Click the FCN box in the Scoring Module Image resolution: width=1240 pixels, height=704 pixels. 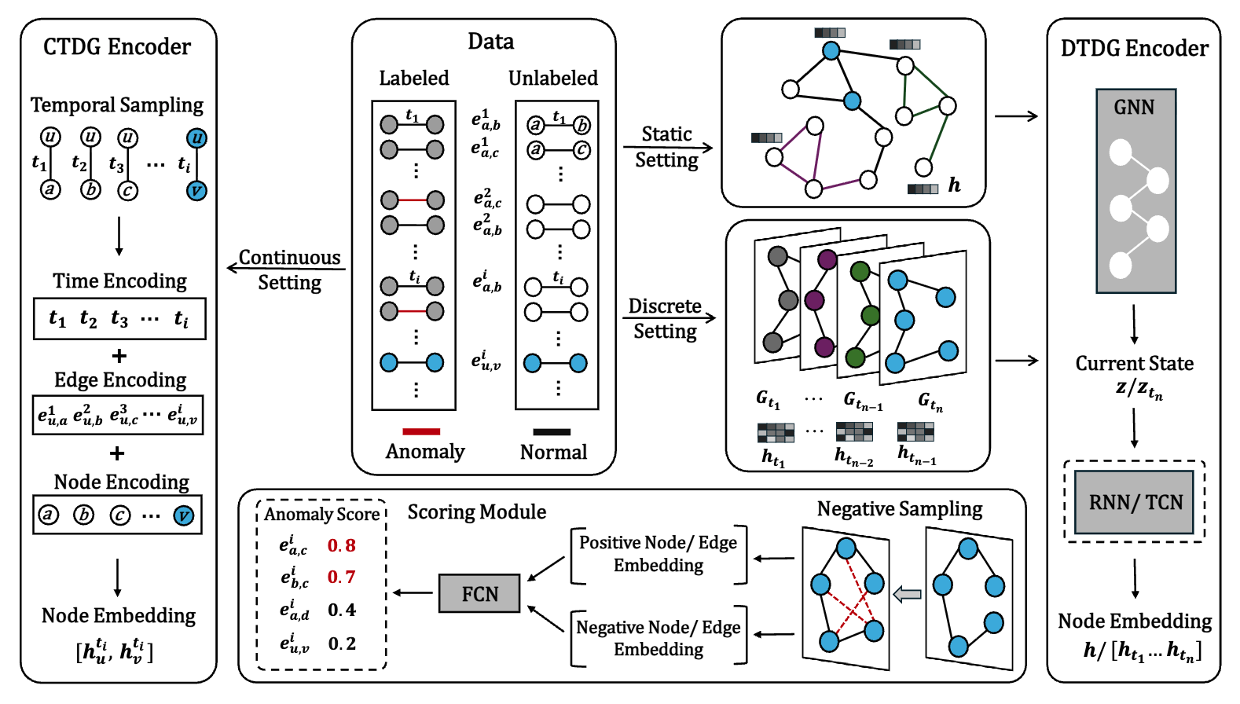(x=479, y=593)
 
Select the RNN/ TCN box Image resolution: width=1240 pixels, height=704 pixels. (x=1135, y=502)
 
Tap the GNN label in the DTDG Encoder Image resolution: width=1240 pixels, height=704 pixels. (x=1134, y=108)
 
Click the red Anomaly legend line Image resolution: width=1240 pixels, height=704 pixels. (x=421, y=431)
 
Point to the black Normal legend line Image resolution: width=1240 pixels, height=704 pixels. (x=552, y=431)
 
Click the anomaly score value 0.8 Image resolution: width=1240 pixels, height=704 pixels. (x=342, y=545)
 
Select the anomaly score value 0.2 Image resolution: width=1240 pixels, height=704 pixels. (x=342, y=643)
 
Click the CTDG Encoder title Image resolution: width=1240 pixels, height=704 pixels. (x=117, y=47)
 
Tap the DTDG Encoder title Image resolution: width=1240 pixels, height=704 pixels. (x=1134, y=49)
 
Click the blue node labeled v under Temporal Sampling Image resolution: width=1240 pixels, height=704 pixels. (x=196, y=191)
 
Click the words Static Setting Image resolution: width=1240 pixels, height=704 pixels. (x=666, y=147)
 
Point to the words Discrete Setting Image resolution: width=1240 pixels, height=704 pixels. (x=665, y=318)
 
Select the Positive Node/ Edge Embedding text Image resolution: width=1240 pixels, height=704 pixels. (x=659, y=554)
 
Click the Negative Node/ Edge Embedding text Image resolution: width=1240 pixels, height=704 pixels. (x=659, y=638)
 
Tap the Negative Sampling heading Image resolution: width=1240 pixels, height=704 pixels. (x=899, y=509)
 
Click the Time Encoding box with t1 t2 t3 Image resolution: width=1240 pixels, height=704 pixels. (x=119, y=318)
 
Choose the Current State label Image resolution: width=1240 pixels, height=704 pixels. (x=1134, y=364)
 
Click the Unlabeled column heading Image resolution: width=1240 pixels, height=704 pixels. (x=552, y=79)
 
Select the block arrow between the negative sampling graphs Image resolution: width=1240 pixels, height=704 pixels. (x=908, y=595)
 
